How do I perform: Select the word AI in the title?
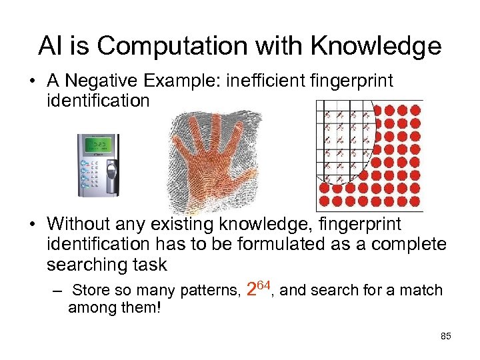[50, 46]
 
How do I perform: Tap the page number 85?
[446, 336]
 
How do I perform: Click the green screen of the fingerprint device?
[100, 145]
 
